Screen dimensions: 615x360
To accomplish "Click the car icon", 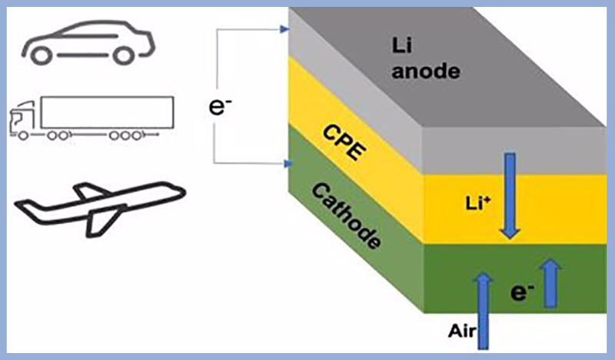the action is tap(88, 42).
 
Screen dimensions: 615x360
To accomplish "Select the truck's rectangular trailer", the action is tap(107, 112).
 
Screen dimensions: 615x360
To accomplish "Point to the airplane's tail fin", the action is tap(90, 190).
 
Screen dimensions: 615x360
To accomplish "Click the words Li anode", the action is tap(426, 58).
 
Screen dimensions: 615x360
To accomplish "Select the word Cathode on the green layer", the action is tap(347, 216).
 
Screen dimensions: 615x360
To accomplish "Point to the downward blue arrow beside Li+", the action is tap(510, 196).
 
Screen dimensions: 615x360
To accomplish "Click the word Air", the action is tap(462, 332).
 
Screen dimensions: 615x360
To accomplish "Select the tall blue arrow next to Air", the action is tap(484, 311).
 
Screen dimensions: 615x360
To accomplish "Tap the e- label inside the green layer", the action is tap(522, 292).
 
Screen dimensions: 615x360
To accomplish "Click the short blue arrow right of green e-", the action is tap(550, 282).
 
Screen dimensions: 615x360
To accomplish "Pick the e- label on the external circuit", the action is tap(220, 106).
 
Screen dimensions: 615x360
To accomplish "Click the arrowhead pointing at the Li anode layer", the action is tap(285, 29).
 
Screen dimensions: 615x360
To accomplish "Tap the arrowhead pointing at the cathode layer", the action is tap(288, 164).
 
